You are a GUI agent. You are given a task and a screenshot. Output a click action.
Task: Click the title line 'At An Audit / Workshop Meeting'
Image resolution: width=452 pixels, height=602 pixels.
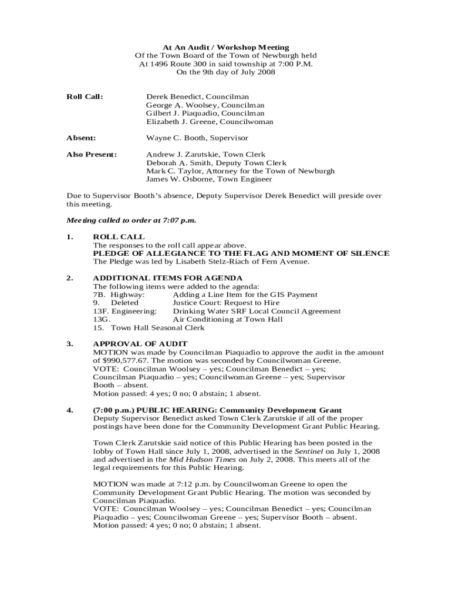point(225,47)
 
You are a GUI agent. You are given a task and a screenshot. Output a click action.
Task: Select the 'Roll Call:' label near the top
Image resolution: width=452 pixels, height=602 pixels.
point(85,96)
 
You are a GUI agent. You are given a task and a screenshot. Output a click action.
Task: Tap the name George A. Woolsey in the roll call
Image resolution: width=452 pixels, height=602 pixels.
point(174,105)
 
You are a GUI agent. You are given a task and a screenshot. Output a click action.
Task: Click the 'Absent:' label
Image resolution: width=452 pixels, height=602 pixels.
point(81,138)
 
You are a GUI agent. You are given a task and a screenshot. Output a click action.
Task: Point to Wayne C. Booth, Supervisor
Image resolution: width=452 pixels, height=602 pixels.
point(197,138)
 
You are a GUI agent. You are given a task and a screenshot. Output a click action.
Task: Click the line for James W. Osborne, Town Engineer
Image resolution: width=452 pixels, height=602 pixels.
point(209,179)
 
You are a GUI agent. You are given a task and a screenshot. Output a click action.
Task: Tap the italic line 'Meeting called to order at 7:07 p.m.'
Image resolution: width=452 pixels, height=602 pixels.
point(131,220)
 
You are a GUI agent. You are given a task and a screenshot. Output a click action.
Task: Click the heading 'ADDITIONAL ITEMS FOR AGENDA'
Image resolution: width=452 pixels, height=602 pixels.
point(168,278)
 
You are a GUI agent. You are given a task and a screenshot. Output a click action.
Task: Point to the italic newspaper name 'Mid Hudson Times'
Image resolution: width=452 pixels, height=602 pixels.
point(197,459)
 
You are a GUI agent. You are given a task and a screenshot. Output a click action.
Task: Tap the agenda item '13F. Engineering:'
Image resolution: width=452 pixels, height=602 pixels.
point(125,311)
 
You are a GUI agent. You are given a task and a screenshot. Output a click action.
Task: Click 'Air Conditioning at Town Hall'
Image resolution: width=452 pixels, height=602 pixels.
point(228,319)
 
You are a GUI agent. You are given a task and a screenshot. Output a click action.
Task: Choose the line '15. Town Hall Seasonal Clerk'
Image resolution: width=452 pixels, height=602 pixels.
point(149,327)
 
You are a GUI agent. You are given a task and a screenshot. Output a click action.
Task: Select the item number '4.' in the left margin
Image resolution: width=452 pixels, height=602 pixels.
point(70,410)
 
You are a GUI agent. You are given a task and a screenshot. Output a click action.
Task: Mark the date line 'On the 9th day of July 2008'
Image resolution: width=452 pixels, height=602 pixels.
point(225,72)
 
